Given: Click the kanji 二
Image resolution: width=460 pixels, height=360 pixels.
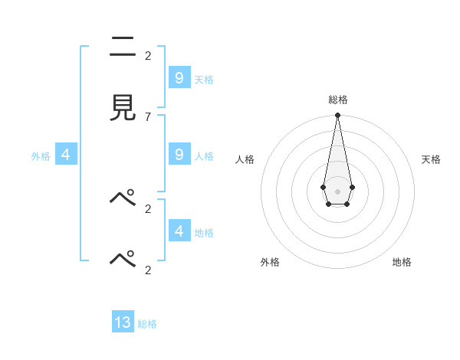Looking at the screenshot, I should (x=123, y=47).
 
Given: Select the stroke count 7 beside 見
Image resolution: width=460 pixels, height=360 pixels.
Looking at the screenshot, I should (x=148, y=116).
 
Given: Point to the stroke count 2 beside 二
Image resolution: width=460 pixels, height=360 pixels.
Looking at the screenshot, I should (x=148, y=56).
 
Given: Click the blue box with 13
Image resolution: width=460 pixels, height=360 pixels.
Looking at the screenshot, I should (x=123, y=322).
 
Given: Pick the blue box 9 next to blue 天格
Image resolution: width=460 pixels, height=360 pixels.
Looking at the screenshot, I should (x=179, y=77).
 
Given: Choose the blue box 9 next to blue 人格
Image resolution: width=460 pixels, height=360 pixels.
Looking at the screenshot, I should (x=179, y=154).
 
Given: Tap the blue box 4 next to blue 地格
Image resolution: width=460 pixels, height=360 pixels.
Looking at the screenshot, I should (x=179, y=231).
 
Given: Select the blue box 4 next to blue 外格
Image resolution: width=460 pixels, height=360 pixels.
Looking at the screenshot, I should (x=66, y=155).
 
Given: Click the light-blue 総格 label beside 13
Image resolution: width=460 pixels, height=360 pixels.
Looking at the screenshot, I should (x=147, y=324).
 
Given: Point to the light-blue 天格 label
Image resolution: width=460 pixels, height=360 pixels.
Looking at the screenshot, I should (x=204, y=80).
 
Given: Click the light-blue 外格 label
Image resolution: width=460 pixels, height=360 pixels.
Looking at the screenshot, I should (x=41, y=156).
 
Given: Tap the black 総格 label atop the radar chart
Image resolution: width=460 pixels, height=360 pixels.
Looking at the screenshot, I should (x=337, y=100).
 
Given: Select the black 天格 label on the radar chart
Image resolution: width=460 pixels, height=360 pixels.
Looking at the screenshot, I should (x=431, y=159).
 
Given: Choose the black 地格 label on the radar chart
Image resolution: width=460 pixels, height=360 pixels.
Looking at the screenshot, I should (x=402, y=262).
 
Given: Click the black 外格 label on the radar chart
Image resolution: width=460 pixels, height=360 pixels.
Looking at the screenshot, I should (x=270, y=262).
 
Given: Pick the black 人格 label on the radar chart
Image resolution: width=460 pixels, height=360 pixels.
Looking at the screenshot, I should (x=245, y=159).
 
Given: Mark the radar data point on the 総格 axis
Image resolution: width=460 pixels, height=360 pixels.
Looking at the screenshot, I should (x=337, y=116).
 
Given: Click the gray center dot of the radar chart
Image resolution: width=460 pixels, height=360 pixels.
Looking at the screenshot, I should (x=337, y=191).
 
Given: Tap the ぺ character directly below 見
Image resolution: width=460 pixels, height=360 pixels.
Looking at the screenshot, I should (x=123, y=198).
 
